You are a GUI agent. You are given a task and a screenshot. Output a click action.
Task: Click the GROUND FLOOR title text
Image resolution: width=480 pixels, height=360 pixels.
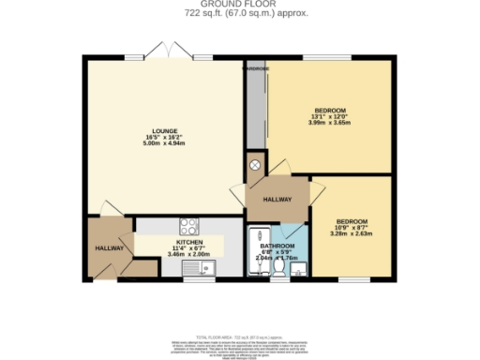coord(239,5)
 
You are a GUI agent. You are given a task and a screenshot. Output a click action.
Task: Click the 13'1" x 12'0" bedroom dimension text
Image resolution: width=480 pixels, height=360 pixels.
coord(331,115)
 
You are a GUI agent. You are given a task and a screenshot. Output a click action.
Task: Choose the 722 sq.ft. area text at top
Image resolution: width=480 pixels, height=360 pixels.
coord(239,14)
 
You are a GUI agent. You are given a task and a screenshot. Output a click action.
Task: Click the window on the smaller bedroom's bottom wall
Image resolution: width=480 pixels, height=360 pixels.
coord(352,278)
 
